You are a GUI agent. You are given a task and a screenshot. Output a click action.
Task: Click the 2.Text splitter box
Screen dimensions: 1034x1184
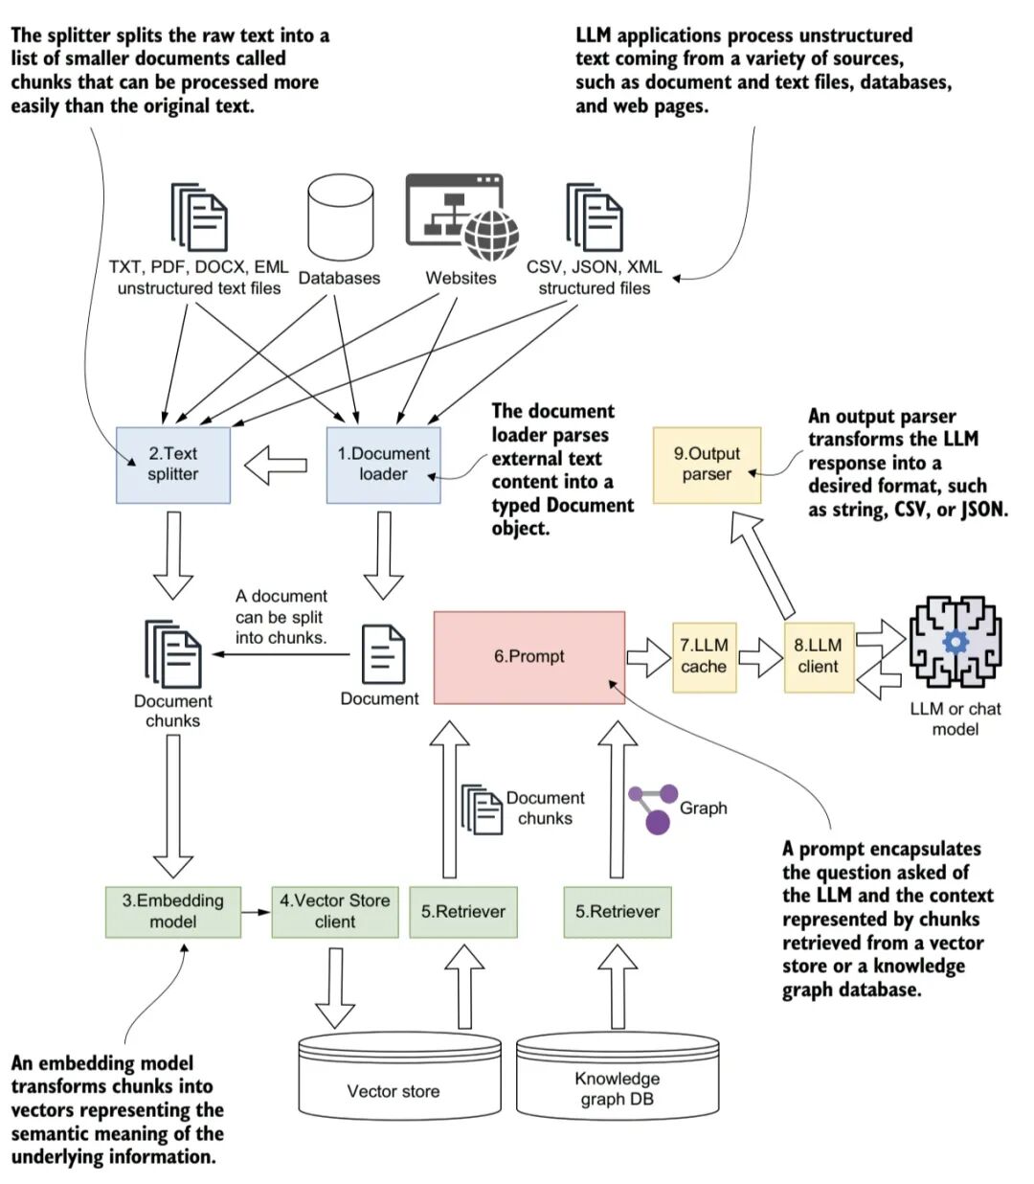(173, 465)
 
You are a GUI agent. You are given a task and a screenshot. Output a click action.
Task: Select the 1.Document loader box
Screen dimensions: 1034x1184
(383, 465)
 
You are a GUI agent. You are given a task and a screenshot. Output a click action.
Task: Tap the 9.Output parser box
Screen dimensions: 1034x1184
(707, 465)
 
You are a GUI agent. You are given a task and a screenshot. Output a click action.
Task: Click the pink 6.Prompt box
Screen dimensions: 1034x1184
(529, 657)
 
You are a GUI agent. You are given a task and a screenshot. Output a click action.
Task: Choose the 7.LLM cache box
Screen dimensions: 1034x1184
(705, 657)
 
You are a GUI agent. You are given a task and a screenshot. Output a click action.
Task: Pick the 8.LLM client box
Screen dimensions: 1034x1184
(819, 657)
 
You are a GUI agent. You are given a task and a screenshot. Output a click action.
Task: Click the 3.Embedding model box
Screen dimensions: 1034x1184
(173, 911)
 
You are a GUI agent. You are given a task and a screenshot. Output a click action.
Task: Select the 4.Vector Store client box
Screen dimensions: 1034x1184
(335, 911)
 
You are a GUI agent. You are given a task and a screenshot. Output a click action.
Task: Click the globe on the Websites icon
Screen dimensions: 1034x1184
(491, 235)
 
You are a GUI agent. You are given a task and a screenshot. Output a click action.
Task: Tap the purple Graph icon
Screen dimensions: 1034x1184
(654, 809)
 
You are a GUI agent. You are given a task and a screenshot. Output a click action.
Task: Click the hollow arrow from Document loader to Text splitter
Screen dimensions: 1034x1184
(276, 465)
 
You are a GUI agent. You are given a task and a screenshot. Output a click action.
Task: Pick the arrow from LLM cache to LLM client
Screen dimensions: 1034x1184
(760, 657)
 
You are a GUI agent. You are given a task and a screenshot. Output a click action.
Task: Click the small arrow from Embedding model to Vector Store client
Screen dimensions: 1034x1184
(256, 913)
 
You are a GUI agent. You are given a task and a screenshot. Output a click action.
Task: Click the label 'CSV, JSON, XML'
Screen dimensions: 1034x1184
(594, 266)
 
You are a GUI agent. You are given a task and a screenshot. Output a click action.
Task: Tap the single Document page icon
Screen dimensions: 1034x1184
(383, 654)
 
